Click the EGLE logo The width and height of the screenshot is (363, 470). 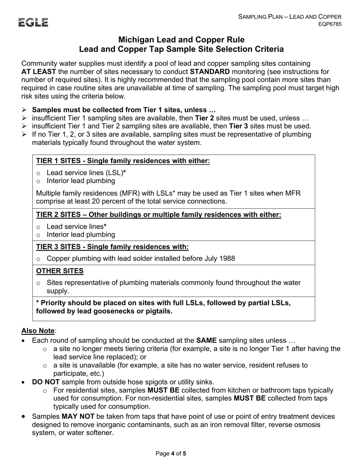33,23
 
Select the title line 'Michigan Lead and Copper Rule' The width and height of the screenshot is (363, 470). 181,40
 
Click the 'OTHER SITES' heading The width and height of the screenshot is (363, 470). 60,271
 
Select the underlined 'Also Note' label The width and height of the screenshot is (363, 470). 38,331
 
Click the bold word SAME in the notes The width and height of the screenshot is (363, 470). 206,340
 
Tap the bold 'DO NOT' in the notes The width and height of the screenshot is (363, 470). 45,382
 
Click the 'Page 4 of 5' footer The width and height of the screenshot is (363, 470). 171,454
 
